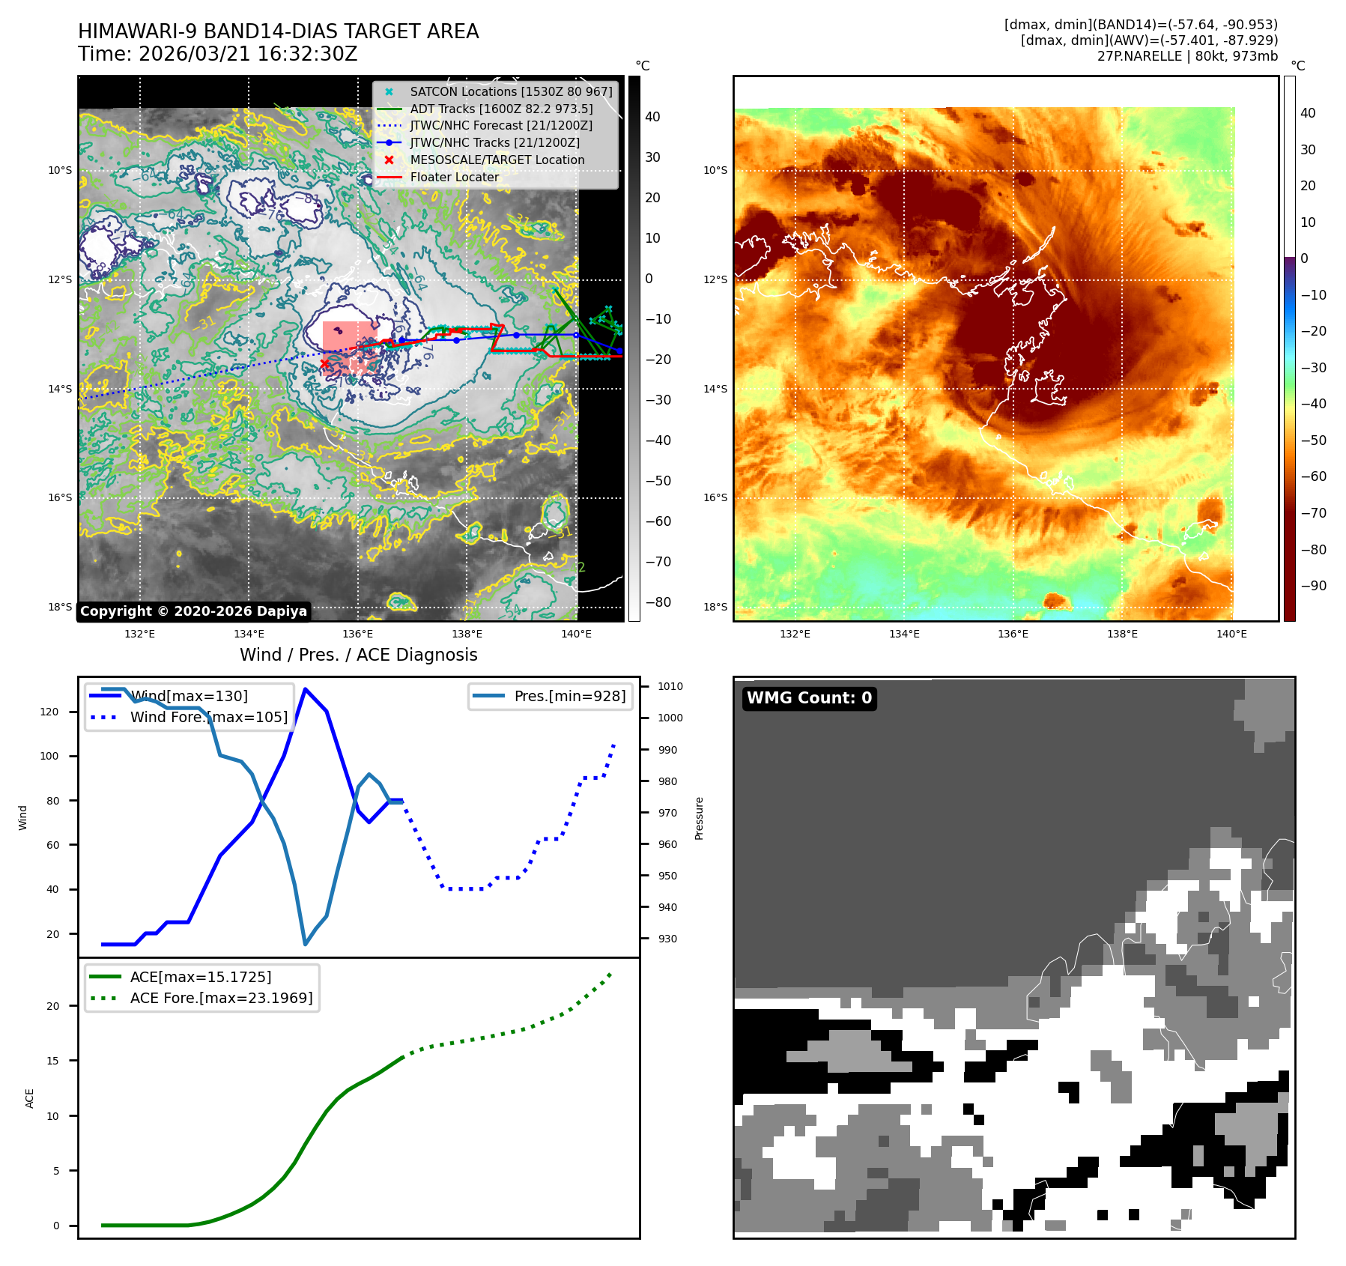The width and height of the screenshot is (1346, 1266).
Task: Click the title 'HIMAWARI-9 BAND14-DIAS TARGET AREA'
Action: [278, 31]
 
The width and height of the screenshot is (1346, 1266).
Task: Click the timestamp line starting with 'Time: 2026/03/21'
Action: [217, 54]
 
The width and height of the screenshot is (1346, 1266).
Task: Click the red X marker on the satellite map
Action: [324, 364]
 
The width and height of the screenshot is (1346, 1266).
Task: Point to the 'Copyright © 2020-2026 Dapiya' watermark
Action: [193, 611]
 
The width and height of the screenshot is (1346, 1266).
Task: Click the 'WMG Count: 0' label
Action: [809, 698]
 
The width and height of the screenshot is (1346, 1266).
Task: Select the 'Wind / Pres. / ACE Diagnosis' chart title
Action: [358, 655]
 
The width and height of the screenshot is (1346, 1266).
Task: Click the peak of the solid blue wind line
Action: [305, 688]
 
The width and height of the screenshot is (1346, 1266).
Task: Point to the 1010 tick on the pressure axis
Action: [670, 686]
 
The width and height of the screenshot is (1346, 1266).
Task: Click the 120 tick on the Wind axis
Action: [49, 712]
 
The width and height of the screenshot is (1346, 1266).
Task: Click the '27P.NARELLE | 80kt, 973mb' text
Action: [1187, 56]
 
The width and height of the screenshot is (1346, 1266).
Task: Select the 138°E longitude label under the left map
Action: [467, 634]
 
